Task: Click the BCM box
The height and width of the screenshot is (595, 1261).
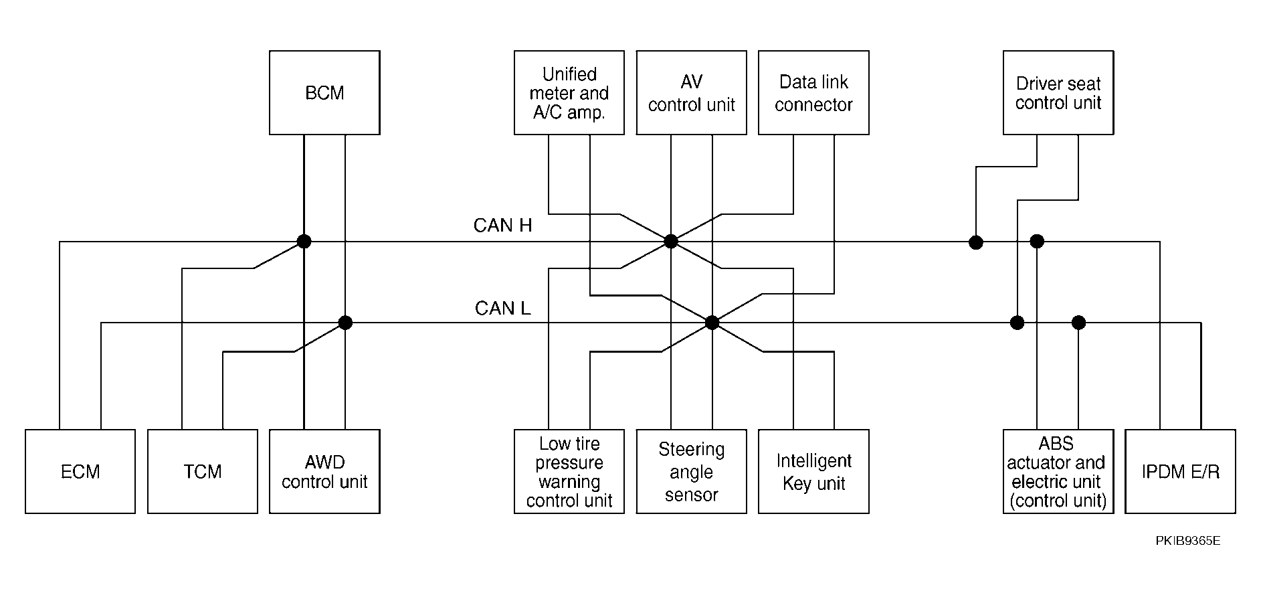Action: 324,92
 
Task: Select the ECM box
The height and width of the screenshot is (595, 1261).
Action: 80,471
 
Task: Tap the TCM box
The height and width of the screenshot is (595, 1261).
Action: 203,471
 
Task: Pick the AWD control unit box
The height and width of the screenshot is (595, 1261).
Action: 324,471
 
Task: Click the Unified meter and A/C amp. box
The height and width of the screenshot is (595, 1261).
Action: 569,92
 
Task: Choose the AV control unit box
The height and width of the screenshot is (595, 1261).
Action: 691,92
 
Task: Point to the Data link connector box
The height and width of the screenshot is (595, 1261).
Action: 813,92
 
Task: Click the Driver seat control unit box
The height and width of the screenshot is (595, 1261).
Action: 1058,92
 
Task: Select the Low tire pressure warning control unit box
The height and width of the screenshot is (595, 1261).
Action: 569,471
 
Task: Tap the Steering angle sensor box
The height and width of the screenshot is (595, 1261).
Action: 691,471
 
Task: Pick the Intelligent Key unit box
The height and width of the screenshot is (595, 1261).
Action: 813,471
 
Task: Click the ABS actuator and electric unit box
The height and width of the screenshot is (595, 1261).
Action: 1058,471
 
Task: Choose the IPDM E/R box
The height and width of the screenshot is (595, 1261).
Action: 1180,471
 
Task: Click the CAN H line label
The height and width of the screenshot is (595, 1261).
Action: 502,226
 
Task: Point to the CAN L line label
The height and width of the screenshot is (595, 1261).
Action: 502,308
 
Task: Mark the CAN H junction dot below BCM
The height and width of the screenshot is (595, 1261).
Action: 304,241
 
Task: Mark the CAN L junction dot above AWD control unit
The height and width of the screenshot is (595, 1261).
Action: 345,323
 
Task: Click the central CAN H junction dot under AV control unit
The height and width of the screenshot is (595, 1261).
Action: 671,241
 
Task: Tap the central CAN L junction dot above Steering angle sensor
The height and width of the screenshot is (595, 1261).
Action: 712,323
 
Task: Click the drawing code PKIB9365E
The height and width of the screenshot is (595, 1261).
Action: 1187,541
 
